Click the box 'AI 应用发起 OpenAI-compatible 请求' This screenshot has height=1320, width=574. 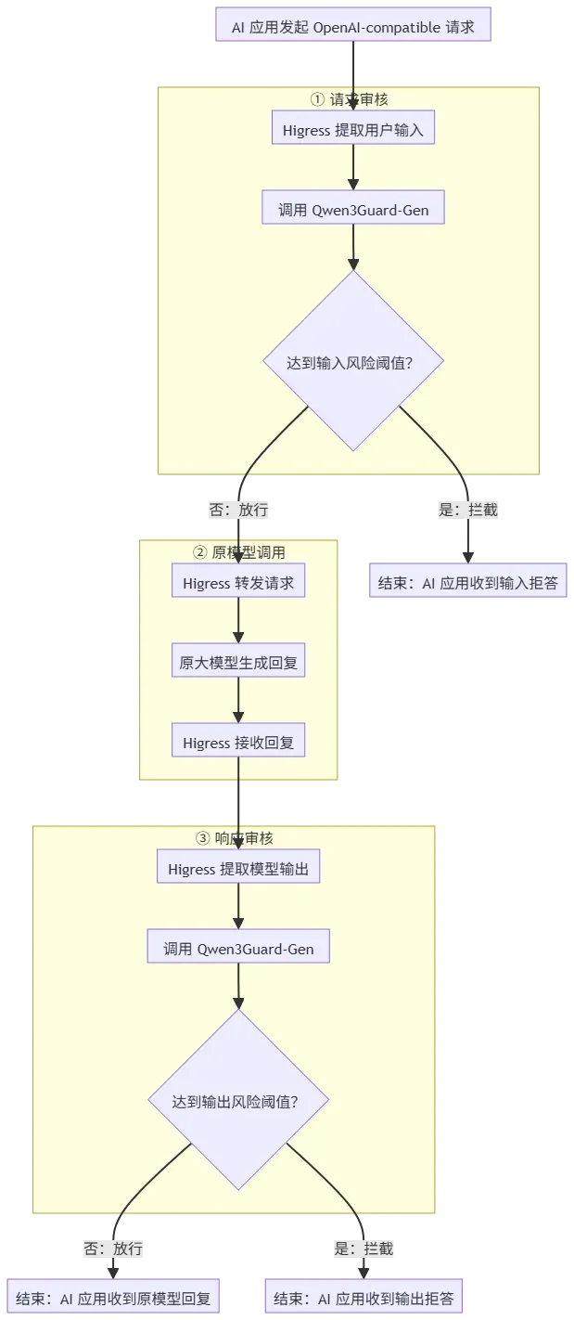coord(353,24)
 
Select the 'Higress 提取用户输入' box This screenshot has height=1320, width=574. coord(353,127)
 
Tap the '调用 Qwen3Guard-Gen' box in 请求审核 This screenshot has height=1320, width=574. coord(353,207)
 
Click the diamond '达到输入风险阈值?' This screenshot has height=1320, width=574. coord(353,361)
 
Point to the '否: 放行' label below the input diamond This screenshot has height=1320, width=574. coord(238,510)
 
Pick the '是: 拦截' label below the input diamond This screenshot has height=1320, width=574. coord(468,510)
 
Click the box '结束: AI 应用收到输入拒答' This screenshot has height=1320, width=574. coord(468,580)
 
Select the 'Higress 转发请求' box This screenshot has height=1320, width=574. coord(238,580)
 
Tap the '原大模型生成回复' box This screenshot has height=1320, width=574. coord(238,660)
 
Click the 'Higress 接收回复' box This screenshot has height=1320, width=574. coord(238,740)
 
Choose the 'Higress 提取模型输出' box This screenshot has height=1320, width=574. coord(238,866)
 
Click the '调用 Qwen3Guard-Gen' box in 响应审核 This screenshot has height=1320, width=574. coord(238,947)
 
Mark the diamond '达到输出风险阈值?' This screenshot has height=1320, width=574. coord(238,1100)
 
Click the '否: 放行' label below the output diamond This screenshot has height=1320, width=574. coord(113,1249)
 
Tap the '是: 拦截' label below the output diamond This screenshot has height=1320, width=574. coord(364,1249)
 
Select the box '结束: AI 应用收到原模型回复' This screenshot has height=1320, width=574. coord(113,1297)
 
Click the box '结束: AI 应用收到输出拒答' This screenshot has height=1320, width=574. coord(364,1297)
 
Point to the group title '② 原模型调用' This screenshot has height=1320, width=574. coord(239,552)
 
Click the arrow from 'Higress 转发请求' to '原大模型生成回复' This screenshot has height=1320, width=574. coord(238,620)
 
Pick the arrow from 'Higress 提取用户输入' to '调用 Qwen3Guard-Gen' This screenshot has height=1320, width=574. coord(353,167)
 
